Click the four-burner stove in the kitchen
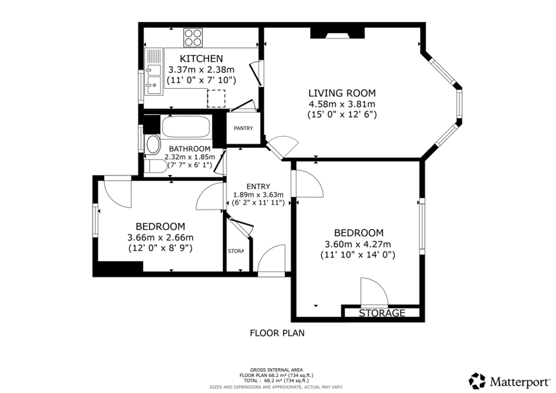click(x=193, y=38)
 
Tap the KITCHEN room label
click(x=201, y=59)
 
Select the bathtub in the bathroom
click(x=186, y=127)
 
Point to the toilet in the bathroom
click(x=155, y=166)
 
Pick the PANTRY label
click(x=243, y=128)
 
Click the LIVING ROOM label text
click(x=342, y=93)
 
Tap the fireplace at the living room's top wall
click(x=337, y=33)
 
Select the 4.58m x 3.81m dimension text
click(x=342, y=104)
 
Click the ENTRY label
click(x=258, y=186)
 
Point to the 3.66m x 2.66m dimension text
click(x=160, y=238)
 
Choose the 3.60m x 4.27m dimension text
click(x=358, y=244)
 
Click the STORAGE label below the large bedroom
click(x=382, y=313)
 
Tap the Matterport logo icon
click(x=477, y=381)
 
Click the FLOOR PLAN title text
click(x=277, y=333)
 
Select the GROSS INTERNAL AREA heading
click(x=276, y=370)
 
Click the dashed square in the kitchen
click(x=216, y=98)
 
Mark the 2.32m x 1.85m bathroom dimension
click(x=190, y=157)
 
